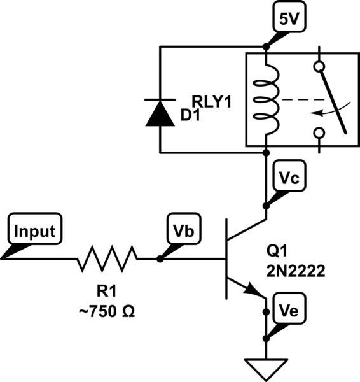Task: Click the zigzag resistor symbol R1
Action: point(107,259)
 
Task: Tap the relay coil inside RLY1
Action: point(267,99)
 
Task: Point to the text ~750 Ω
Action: point(107,313)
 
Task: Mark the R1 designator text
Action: point(106,292)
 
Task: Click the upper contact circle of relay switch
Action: point(321,66)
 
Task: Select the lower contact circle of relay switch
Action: point(321,132)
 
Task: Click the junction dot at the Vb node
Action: point(159,260)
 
